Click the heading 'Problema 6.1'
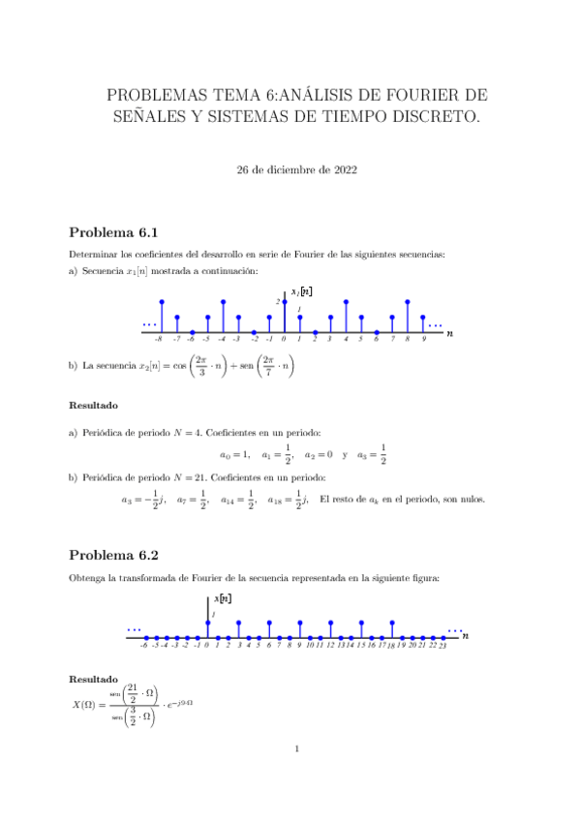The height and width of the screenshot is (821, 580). click(112, 233)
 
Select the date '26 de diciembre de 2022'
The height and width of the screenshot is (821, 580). click(297, 169)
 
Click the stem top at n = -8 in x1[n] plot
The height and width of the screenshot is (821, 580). click(161, 302)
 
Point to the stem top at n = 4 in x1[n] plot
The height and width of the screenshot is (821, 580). click(346, 302)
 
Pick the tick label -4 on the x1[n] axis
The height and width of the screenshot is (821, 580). click(222, 340)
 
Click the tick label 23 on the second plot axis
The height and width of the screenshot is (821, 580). click(443, 644)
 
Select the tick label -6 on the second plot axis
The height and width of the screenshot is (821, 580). click(143, 644)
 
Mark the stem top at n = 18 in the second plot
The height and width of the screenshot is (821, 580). click(392, 623)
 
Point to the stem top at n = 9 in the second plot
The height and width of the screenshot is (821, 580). click(300, 623)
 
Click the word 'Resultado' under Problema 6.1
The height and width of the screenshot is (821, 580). click(95, 404)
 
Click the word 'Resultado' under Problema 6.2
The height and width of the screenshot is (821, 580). click(95, 679)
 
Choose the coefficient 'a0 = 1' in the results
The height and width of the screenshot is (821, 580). click(235, 453)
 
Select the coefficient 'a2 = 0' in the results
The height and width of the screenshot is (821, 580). click(319, 453)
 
